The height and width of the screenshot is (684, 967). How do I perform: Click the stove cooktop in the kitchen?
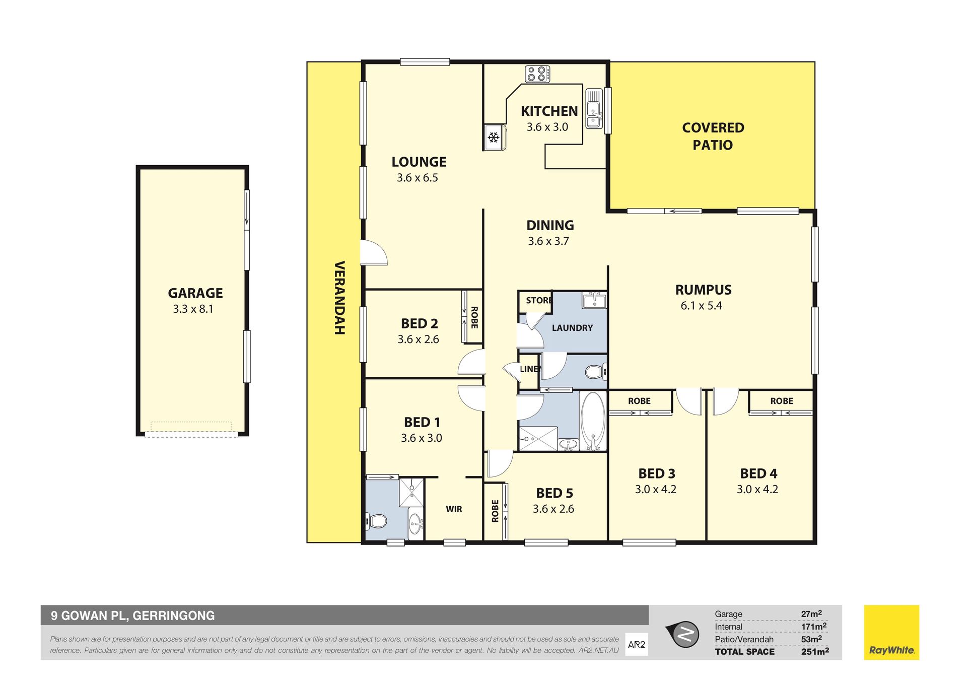pos(537,74)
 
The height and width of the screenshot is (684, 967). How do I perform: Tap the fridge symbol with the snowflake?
pos(494,137)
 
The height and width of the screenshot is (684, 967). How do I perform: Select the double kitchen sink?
pos(594,109)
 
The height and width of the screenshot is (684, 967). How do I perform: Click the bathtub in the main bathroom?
pos(593,421)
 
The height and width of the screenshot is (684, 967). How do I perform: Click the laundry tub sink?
pos(594,301)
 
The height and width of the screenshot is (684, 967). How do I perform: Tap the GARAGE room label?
pos(195,293)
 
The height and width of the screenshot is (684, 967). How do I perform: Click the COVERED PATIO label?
pos(713,136)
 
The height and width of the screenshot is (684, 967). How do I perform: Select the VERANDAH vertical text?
pos(340,298)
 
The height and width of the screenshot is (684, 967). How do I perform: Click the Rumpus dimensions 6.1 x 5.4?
pos(702,306)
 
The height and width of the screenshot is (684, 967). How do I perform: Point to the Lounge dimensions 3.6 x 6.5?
pos(418,178)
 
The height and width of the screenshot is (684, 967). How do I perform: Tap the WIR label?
pos(454,509)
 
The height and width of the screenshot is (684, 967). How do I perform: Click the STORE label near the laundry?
pos(539,301)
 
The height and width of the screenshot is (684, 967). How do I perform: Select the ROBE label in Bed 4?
pos(782,401)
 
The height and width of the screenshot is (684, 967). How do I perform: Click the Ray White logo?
pos(891,633)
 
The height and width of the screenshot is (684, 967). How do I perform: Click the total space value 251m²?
pos(815,651)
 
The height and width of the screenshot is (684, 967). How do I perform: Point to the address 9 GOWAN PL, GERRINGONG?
pos(133,615)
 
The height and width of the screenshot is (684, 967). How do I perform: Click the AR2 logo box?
pos(637,644)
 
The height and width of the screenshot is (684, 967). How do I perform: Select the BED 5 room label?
pos(555,493)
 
